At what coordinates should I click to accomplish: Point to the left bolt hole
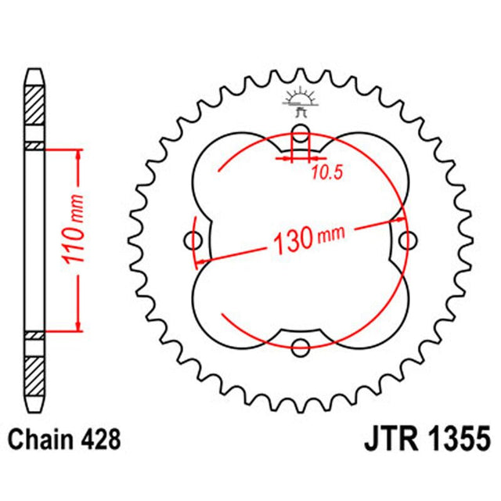coord(193,239)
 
